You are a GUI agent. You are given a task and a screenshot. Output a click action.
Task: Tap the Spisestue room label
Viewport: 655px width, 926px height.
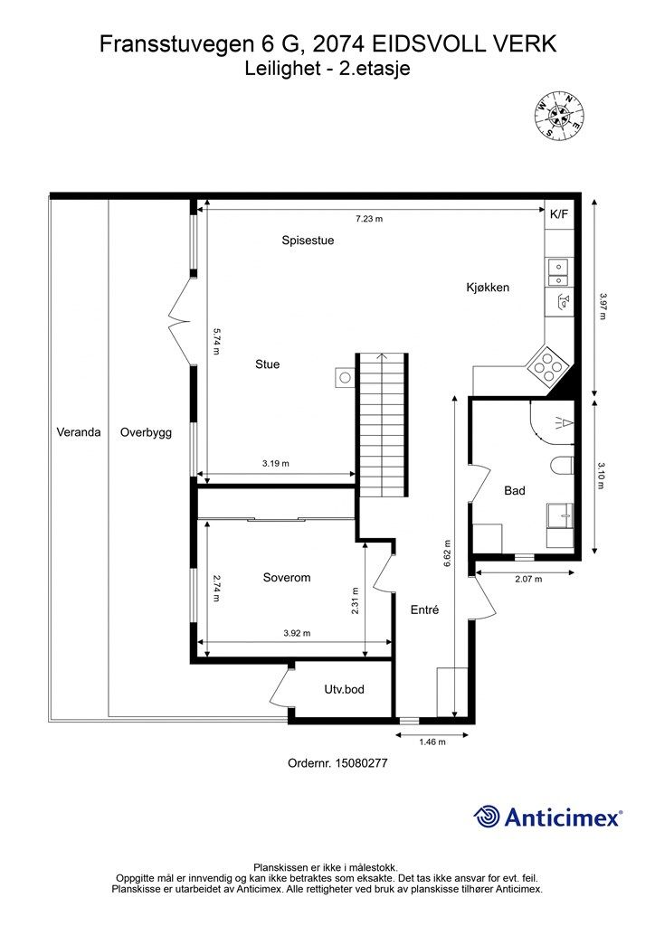[308, 241]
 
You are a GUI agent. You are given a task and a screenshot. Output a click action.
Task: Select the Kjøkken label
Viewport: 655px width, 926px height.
[488, 288]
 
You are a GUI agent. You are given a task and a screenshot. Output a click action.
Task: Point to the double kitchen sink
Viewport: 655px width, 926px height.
[558, 273]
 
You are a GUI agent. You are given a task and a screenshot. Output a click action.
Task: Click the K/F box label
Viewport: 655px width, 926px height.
[559, 213]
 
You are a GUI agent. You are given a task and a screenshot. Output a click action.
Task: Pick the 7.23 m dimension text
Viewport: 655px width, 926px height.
[369, 219]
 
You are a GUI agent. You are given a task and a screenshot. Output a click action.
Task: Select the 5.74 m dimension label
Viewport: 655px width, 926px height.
[216, 341]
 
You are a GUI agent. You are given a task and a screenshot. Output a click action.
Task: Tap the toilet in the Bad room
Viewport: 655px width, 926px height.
[562, 466]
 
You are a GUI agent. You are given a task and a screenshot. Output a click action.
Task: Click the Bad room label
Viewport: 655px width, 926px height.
[515, 490]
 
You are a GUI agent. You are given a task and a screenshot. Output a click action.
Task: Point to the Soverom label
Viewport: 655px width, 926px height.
[287, 578]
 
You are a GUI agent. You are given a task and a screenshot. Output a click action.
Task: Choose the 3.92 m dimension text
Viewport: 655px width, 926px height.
[297, 633]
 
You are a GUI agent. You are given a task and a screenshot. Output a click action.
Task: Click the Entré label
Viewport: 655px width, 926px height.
[424, 609]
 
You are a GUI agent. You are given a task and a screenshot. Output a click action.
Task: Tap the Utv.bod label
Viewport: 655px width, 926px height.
[345, 689]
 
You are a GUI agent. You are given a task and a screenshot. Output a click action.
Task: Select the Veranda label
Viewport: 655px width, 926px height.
[79, 431]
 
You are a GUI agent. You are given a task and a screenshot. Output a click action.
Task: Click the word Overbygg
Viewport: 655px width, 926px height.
[146, 432]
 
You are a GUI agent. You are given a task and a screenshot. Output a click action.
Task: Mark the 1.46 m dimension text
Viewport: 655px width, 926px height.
[432, 742]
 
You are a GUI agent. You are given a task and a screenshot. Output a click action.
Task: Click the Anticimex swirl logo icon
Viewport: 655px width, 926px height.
[486, 817]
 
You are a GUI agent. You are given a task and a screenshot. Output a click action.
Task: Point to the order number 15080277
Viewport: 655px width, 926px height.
[361, 763]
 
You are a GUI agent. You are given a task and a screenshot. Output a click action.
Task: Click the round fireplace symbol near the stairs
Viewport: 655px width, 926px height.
[346, 377]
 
